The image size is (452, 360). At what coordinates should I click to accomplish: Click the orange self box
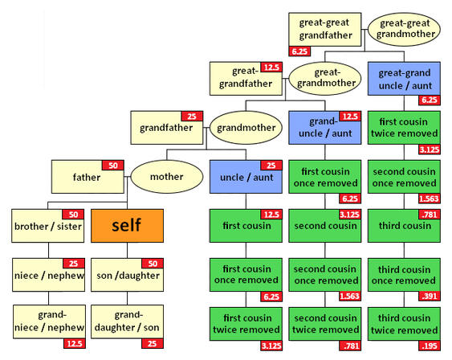click(x=127, y=226)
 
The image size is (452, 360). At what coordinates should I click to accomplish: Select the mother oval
click(x=167, y=177)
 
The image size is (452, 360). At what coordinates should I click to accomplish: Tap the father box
click(x=88, y=177)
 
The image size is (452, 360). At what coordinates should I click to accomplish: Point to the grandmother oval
click(x=246, y=128)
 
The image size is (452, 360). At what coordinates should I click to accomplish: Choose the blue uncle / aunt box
click(x=246, y=177)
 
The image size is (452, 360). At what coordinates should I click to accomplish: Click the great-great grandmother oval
click(x=404, y=29)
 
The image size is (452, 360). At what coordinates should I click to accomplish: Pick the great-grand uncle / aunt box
click(x=404, y=79)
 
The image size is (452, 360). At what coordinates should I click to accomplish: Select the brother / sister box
click(x=48, y=226)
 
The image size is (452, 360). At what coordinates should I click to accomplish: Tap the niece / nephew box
click(x=48, y=275)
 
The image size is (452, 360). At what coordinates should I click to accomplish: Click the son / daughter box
click(x=127, y=275)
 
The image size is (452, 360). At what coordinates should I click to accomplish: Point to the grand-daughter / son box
click(x=127, y=321)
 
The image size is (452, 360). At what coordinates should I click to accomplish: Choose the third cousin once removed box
click(x=404, y=275)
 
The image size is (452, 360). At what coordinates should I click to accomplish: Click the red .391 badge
click(x=430, y=296)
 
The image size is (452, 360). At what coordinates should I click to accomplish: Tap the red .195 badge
click(x=430, y=346)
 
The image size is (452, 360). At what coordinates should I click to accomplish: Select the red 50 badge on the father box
click(x=113, y=166)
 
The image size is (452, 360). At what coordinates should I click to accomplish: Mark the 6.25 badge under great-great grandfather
click(x=299, y=51)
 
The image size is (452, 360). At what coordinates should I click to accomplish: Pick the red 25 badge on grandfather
click(x=192, y=117)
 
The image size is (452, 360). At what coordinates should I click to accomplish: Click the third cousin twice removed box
click(x=404, y=324)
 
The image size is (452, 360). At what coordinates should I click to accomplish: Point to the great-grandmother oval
click(x=325, y=79)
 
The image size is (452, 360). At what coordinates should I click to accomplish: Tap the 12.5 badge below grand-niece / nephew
click(x=75, y=343)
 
